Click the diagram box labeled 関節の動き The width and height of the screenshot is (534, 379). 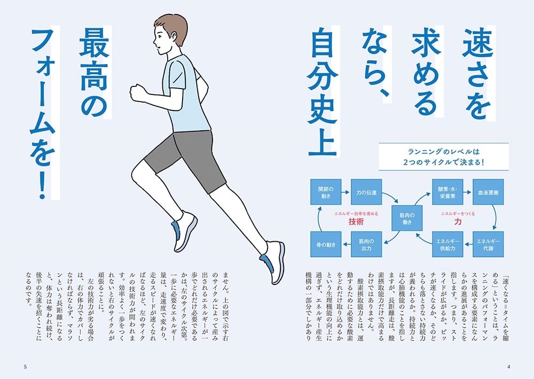point(326,192)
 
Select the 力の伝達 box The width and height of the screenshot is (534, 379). point(366,192)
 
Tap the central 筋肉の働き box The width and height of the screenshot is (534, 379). point(407,218)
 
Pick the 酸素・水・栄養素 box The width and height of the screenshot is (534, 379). point(447,192)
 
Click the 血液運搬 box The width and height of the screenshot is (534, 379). point(488,192)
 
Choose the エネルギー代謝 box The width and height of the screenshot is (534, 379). point(488,244)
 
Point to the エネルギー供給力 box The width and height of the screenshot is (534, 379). point(447,244)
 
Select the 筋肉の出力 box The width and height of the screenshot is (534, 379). point(366,244)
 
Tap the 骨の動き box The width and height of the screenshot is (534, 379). point(326,244)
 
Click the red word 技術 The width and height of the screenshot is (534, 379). point(356,222)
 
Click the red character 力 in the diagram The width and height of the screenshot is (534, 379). point(458,222)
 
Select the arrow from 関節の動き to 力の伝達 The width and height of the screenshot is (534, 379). point(346,192)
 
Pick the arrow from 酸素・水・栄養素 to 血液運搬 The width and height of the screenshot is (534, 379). point(468,192)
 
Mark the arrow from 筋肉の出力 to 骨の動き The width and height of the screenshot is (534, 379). point(346,244)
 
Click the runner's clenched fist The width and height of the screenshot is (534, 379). point(138,92)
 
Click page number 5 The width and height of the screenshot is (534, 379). point(25,367)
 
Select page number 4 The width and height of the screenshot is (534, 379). point(508,367)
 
